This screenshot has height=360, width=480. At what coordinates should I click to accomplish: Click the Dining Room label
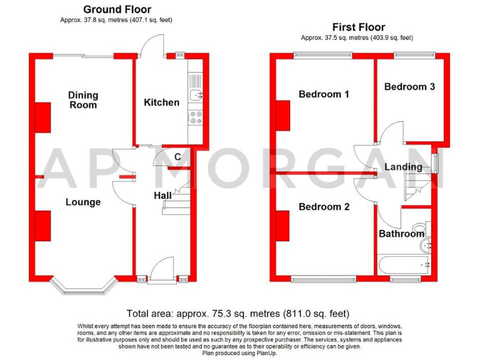click(83, 100)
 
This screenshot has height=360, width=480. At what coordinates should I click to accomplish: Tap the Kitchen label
click(161, 102)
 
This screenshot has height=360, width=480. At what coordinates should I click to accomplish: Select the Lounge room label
click(83, 202)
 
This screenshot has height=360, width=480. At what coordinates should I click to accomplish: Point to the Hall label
click(162, 196)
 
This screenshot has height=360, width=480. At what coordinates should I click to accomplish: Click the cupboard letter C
click(177, 157)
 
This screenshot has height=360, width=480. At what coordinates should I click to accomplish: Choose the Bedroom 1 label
click(324, 94)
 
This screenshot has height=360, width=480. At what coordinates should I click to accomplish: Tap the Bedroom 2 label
click(324, 207)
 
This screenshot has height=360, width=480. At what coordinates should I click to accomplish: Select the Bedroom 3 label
click(409, 86)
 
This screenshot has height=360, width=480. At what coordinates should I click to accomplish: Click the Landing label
click(403, 167)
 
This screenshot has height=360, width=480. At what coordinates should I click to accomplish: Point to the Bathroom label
click(401, 234)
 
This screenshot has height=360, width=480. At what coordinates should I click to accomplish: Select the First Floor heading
click(358, 27)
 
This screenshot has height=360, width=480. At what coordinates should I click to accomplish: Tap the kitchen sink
click(196, 96)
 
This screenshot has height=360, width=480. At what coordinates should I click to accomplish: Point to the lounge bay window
click(84, 286)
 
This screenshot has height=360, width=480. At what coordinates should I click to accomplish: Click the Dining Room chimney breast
click(42, 117)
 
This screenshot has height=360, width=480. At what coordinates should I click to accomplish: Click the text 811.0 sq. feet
click(315, 313)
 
